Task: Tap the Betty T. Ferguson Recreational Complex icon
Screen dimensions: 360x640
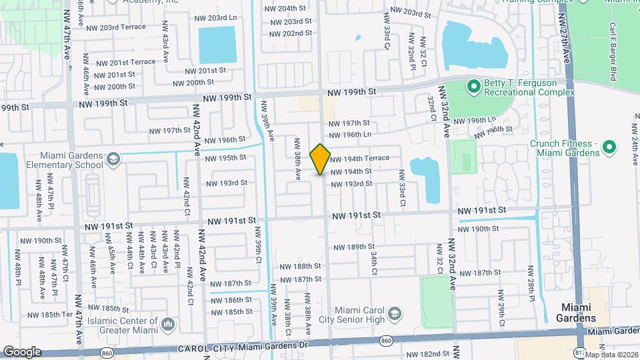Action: (473, 86)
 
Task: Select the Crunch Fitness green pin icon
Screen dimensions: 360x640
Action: (609, 147)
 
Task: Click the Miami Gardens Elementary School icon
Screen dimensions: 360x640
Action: (113, 159)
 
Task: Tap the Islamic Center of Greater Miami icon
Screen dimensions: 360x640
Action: (167, 325)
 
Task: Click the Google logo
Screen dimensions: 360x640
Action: (21, 351)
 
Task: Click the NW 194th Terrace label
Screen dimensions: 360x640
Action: (359, 159)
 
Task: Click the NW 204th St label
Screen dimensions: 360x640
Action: (292, 9)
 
